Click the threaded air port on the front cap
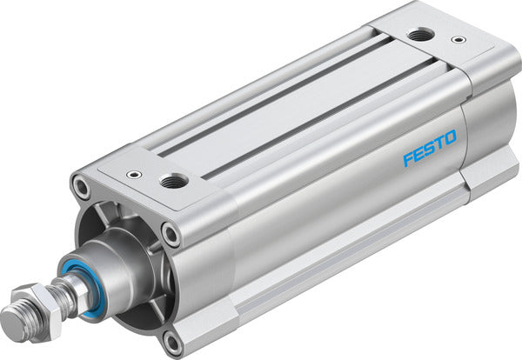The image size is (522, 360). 171,180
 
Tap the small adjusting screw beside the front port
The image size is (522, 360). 131,174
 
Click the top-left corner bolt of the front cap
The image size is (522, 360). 82,185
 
